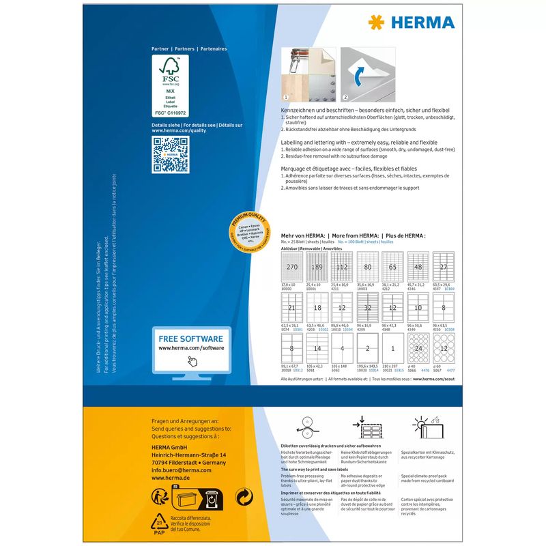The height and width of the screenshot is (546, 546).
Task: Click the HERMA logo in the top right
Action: pyautogui.click(x=412, y=23)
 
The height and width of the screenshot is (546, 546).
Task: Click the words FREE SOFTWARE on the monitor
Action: pyautogui.click(x=190, y=339)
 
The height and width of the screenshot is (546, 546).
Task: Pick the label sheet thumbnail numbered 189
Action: pyautogui.click(x=316, y=267)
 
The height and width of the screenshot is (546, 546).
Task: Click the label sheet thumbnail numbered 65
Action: pyautogui.click(x=392, y=267)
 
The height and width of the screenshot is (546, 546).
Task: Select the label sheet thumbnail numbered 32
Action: pyautogui.click(x=367, y=308)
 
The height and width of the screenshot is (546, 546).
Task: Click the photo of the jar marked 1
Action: pyautogui.click(x=308, y=73)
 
